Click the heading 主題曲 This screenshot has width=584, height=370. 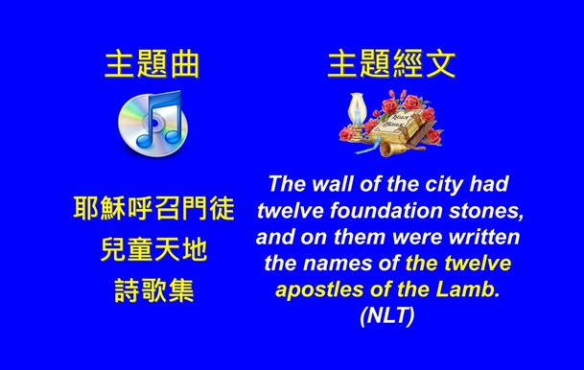coord(153,64)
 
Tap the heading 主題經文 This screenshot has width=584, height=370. coord(391,64)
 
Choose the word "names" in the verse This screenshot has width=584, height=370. coord(368,263)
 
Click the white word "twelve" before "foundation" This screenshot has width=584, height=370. coord(293,210)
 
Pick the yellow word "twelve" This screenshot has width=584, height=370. coord(476,263)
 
